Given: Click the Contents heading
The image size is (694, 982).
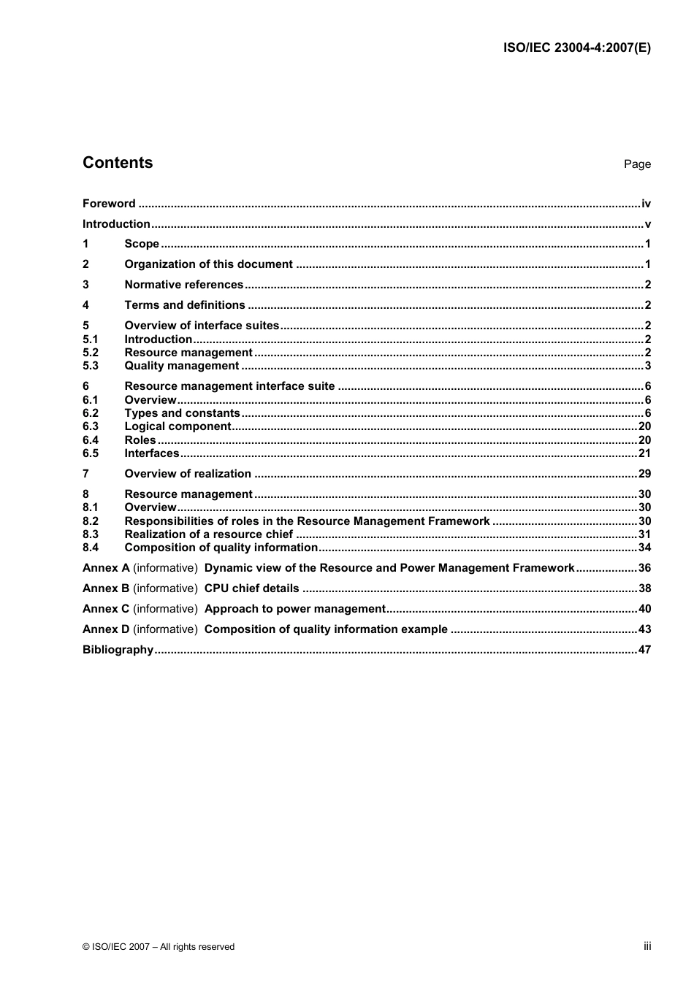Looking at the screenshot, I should pyautogui.click(x=118, y=163).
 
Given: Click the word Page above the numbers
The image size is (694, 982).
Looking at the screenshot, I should pyautogui.click(x=636, y=164).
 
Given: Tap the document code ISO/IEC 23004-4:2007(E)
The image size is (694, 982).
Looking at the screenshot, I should pyautogui.click(x=576, y=48).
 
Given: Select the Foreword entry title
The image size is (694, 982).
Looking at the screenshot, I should pyautogui.click(x=109, y=204).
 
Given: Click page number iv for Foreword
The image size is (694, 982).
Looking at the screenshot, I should pyautogui.click(x=646, y=204).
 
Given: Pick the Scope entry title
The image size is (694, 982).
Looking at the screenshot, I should pyautogui.click(x=142, y=244).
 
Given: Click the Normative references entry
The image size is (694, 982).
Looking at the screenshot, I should pyautogui.click(x=183, y=285).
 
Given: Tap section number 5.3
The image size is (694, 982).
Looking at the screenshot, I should pyautogui.click(x=91, y=366).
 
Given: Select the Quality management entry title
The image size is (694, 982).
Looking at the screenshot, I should pyautogui.click(x=181, y=366).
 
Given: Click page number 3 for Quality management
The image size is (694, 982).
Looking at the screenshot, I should pyautogui.click(x=647, y=366).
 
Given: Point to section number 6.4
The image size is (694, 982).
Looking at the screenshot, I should pyautogui.click(x=91, y=440).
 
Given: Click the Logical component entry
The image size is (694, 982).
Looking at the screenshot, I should pyautogui.click(x=178, y=426).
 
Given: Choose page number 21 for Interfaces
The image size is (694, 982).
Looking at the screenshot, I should pyautogui.click(x=644, y=453).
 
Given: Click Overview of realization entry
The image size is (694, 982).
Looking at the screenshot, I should pyautogui.click(x=188, y=474).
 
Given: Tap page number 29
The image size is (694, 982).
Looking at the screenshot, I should pyautogui.click(x=644, y=474).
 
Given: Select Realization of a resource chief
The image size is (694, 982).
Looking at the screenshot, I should pyautogui.click(x=208, y=534).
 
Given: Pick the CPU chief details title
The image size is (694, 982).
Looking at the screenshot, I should pyautogui.click(x=251, y=588).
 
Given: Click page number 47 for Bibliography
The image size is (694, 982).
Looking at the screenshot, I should pyautogui.click(x=644, y=650).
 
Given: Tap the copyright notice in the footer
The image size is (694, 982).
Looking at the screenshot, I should pyautogui.click(x=159, y=947).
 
